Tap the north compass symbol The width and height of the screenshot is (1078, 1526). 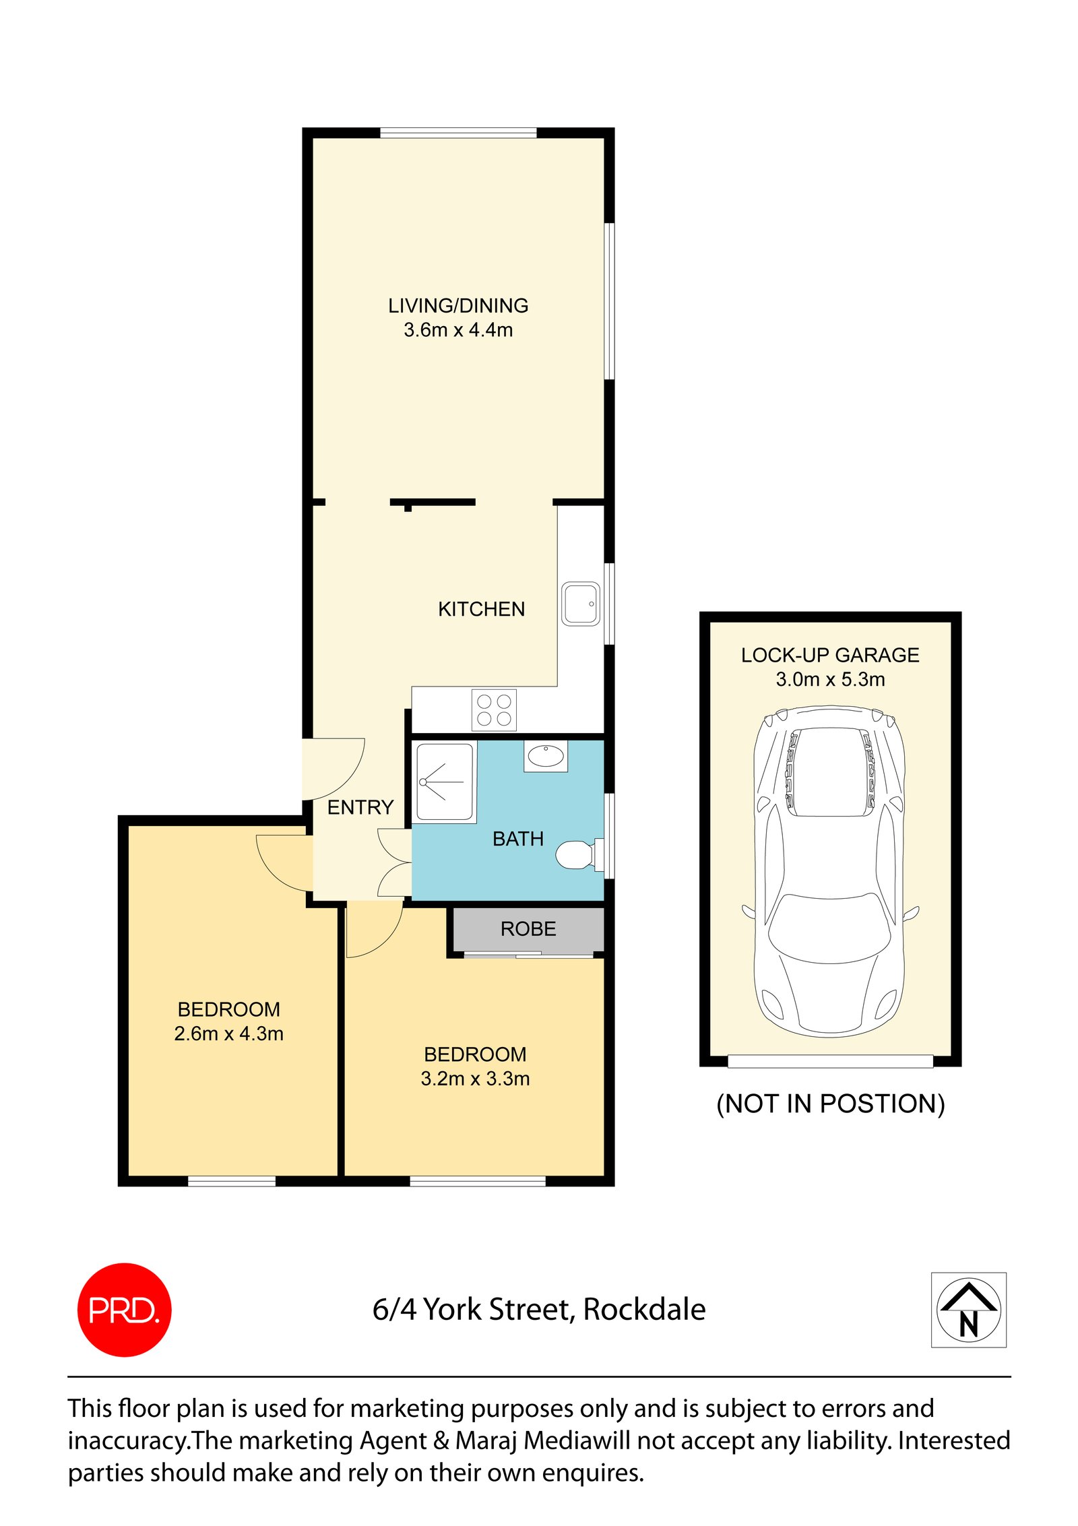coord(968,1310)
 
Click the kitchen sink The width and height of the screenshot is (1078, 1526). coord(580,604)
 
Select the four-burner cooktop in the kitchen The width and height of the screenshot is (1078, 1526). coord(494,709)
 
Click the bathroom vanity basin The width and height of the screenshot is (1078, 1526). coord(546,755)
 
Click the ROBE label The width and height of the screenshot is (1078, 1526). coord(528,929)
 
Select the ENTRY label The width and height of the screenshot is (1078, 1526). coord(360,807)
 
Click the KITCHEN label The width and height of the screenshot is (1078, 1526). coord(481,609)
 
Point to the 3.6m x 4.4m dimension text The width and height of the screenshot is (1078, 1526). coord(458,330)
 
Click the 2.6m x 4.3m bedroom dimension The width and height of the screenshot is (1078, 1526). coord(228,1034)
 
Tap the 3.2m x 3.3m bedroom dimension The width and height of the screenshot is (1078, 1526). coord(475,1079)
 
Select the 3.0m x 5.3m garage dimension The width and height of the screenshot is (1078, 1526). coord(830,679)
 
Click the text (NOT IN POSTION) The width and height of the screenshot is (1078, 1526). coord(830,1104)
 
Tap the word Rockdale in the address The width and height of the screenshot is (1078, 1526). coord(644,1310)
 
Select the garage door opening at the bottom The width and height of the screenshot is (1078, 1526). coord(830,1062)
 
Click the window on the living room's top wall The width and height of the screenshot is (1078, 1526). coord(458,133)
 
